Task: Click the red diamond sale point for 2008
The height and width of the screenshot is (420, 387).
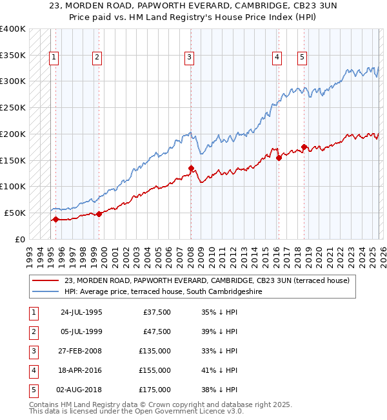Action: click(191, 168)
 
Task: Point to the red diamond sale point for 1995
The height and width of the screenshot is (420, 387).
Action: click(55, 219)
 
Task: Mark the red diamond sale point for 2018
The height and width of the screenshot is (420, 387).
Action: click(304, 147)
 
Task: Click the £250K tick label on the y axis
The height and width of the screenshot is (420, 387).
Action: click(13, 107)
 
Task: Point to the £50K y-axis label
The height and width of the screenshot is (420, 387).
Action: click(15, 213)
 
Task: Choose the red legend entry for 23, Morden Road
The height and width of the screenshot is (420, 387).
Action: click(206, 280)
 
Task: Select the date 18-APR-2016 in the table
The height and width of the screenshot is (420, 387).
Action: click(81, 370)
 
